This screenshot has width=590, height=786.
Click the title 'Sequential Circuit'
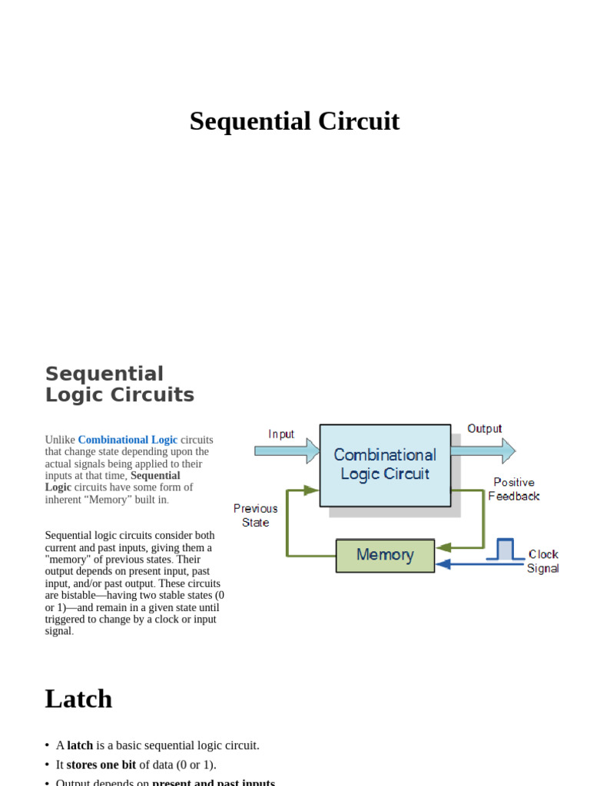coord(294,121)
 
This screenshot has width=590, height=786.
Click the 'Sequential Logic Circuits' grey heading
coord(119,385)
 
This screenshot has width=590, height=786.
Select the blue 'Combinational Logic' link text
coord(128,440)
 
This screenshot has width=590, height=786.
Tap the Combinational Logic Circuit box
coord(385,464)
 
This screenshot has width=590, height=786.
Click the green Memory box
coord(385,555)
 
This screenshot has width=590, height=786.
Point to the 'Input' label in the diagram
coord(281,434)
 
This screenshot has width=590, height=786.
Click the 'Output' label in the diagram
coord(484,428)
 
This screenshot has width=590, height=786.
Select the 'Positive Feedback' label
coord(514,489)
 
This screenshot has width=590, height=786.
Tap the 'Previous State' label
coord(256,515)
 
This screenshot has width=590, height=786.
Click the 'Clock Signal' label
coord(542,561)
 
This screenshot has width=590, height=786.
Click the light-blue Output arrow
coord(483,450)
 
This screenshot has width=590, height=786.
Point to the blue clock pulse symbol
coord(505,550)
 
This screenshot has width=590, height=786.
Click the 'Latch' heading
coord(78,698)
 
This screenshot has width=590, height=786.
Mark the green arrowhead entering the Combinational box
coord(312,489)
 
